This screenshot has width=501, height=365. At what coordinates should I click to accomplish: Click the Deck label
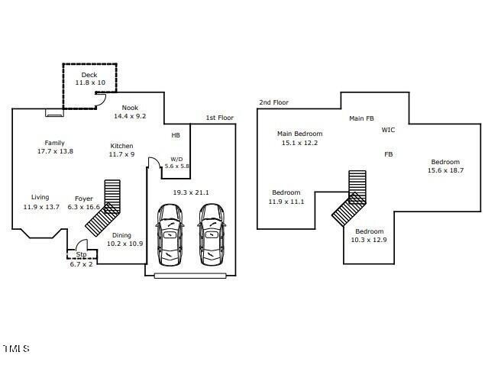click(89, 75)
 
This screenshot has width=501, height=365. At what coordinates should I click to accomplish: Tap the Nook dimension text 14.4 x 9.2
click(130, 116)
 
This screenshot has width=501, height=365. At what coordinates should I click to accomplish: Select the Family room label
click(55, 143)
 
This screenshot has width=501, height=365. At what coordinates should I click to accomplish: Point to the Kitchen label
click(121, 146)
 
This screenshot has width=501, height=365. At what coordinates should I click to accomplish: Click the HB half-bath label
click(176, 135)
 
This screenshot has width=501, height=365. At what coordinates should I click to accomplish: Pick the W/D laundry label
click(176, 159)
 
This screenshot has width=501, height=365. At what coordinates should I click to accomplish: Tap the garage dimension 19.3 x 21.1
click(191, 192)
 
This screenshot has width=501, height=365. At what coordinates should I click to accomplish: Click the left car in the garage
click(170, 234)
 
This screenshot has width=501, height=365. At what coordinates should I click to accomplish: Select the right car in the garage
click(212, 234)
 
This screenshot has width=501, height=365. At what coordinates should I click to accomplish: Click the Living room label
click(40, 197)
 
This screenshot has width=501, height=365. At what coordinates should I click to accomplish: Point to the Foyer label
click(84, 199)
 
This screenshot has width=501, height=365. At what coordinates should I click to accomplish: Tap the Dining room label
click(121, 235)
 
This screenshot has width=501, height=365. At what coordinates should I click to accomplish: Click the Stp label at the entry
click(81, 254)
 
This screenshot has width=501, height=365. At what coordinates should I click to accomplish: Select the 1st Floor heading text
click(219, 118)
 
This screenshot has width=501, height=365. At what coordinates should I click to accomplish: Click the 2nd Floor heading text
click(274, 102)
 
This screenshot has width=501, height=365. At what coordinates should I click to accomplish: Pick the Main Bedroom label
click(299, 134)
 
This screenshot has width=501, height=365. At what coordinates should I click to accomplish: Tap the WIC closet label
click(388, 130)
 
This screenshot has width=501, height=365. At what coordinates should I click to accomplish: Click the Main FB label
click(361, 118)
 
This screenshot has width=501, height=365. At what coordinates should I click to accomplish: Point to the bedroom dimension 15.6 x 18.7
click(446, 170)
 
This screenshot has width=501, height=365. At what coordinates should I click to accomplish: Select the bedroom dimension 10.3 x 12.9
click(369, 240)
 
